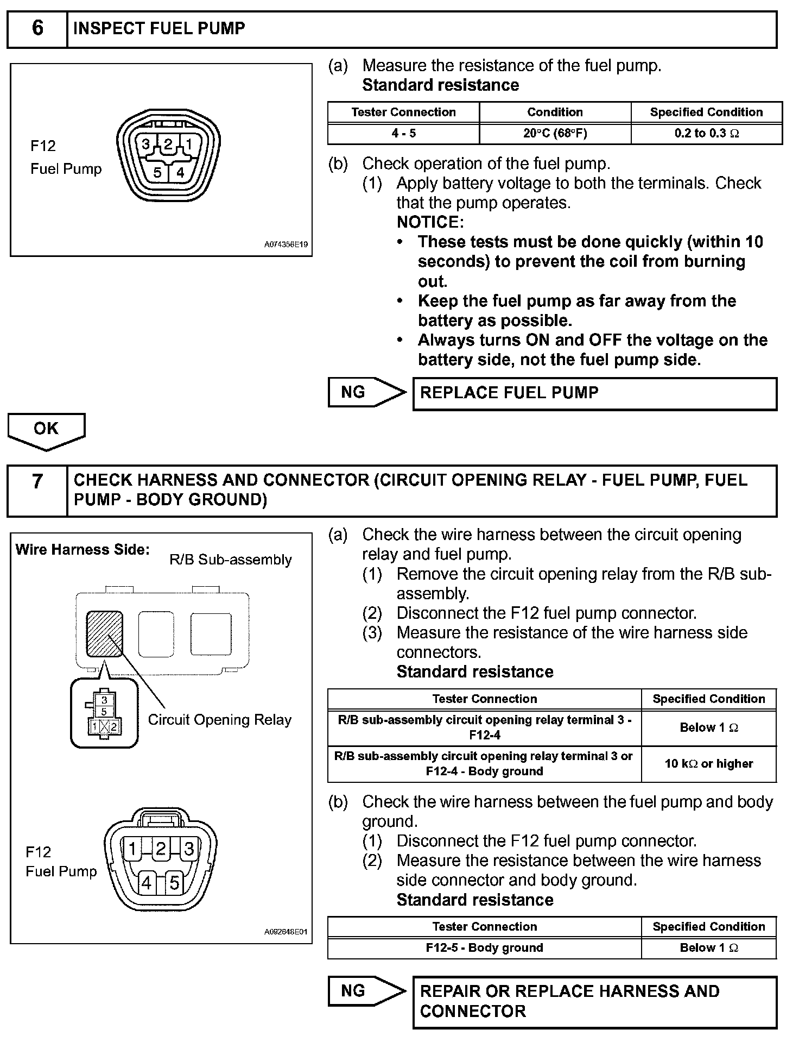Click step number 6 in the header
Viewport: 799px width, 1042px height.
click(37, 28)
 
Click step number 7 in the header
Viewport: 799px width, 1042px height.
click(37, 481)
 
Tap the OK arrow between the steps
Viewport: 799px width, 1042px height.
click(46, 430)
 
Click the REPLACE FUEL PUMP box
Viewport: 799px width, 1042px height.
click(594, 393)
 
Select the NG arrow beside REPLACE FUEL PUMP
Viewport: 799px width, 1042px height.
click(365, 392)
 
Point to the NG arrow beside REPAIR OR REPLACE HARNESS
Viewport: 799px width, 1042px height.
click(365, 990)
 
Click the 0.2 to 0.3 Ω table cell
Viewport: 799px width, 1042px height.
click(706, 133)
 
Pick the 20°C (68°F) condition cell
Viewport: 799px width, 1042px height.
click(555, 133)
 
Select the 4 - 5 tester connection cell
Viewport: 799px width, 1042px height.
click(403, 133)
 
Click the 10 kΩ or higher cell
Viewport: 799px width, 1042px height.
click(708, 764)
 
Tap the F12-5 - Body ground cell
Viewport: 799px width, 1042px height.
click(484, 947)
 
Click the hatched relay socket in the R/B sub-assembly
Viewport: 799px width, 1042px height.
click(104, 634)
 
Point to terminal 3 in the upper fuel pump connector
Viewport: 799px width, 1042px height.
click(146, 145)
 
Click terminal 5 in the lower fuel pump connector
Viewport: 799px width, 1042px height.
click(174, 883)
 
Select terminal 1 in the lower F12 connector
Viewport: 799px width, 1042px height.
click(132, 849)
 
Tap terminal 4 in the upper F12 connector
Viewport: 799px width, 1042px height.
click(180, 173)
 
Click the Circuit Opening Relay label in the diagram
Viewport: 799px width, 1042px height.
click(220, 720)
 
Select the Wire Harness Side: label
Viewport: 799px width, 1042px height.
click(83, 550)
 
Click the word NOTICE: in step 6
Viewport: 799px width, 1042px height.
click(430, 222)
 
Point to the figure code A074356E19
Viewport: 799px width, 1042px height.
click(286, 245)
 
